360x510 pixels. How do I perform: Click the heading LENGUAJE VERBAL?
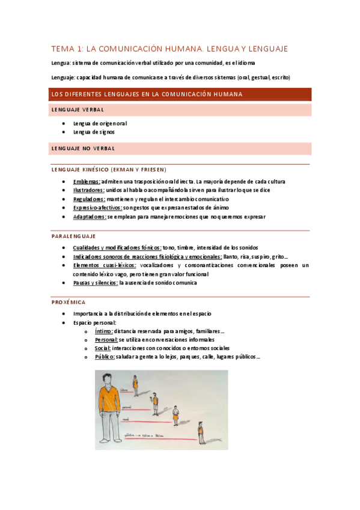point(78,109)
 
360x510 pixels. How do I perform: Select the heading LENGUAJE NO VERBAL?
point(83,148)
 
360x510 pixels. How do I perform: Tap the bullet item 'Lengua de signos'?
point(94,132)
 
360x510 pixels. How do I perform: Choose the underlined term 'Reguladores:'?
point(89,199)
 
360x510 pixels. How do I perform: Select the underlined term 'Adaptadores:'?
point(90,217)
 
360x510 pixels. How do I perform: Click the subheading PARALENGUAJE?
point(73,236)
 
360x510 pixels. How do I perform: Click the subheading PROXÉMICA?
point(69,302)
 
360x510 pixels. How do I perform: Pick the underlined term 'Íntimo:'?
point(103,331)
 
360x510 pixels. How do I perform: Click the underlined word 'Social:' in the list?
point(103,348)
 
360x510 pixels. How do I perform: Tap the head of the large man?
point(109,379)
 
